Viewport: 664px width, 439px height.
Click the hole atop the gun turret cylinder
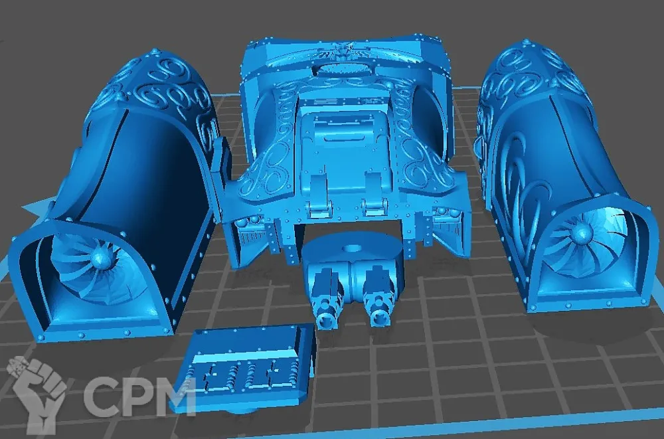(x=351, y=248)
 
